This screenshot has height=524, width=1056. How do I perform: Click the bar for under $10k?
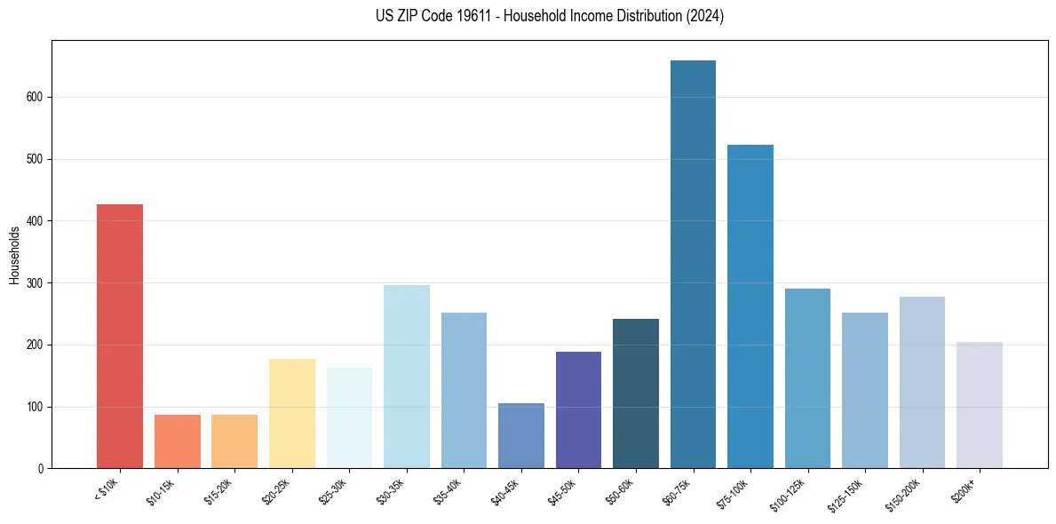point(120,336)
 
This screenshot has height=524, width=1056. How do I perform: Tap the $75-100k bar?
point(750,306)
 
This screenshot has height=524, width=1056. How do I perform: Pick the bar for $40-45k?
point(521,435)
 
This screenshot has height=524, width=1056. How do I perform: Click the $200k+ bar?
point(980,405)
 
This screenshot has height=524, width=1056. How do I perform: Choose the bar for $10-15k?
point(178,441)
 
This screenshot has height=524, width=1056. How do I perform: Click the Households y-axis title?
point(15,255)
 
